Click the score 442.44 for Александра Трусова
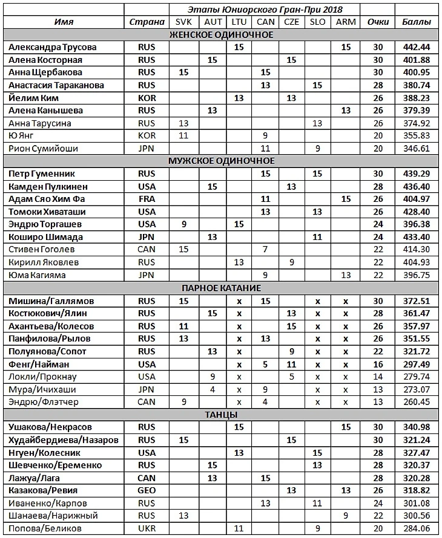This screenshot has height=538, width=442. click(x=417, y=47)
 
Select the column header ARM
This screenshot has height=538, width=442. click(x=346, y=22)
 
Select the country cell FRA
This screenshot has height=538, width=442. click(x=147, y=199)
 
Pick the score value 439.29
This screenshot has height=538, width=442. click(x=417, y=173)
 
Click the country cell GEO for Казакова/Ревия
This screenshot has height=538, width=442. click(x=147, y=490)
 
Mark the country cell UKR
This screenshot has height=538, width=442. click(x=147, y=528)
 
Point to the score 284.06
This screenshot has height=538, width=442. click(x=417, y=528)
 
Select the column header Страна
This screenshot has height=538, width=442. click(x=147, y=22)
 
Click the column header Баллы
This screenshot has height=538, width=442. click(x=417, y=22)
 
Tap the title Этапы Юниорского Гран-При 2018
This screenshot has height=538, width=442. click(x=263, y=9)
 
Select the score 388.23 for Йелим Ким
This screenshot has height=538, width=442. click(x=417, y=97)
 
